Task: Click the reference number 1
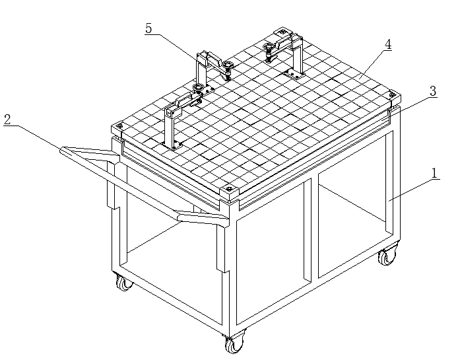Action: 435,173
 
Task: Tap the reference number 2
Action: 7,120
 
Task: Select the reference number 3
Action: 433,91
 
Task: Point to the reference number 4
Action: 388,45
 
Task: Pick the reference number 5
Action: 148,29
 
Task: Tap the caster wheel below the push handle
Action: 123,283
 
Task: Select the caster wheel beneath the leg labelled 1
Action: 387,255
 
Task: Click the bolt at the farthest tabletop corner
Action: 282,32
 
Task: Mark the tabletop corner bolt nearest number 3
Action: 391,95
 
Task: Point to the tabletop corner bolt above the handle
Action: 119,127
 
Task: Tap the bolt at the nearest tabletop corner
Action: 229,188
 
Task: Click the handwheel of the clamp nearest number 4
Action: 269,46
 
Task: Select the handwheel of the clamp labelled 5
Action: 226,65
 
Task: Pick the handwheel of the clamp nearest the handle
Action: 198,87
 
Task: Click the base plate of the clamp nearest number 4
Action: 294,74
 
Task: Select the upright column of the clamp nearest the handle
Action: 169,129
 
